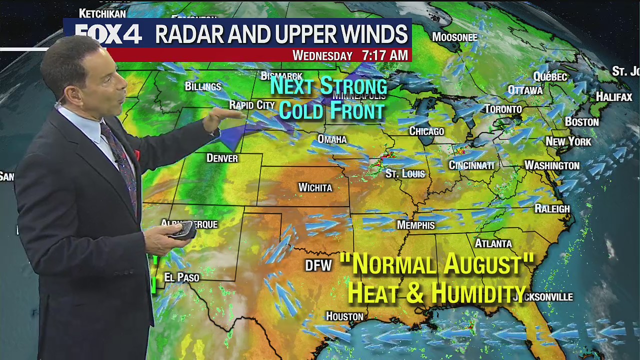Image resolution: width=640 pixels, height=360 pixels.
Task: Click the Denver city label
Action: point(222,158)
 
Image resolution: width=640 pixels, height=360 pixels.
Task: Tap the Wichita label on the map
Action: point(315,187)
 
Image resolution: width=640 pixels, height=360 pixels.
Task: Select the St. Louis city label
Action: point(405,174)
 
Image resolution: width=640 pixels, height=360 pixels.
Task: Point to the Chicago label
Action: point(426,131)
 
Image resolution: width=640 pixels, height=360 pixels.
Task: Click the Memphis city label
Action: point(415,225)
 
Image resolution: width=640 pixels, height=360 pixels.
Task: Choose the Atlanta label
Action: point(493,243)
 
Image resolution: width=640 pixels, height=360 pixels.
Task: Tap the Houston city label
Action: point(344,316)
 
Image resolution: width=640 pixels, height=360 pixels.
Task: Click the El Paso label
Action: point(181,277)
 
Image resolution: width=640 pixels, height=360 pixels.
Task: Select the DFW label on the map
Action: point(318,265)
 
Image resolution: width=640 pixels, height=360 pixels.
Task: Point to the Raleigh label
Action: point(552,208)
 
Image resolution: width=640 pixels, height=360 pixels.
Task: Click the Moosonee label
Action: point(454,37)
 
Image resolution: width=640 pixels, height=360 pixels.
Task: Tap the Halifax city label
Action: point(614,97)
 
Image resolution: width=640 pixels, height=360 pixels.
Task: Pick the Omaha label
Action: point(332,139)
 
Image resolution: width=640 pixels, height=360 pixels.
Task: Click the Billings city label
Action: point(202,86)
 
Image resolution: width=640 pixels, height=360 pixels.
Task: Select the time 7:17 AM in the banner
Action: point(384,55)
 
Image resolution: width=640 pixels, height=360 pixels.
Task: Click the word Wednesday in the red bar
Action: point(322,55)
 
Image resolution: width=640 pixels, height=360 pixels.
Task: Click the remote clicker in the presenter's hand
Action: point(183,229)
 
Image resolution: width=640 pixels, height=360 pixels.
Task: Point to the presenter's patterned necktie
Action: point(120,160)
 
